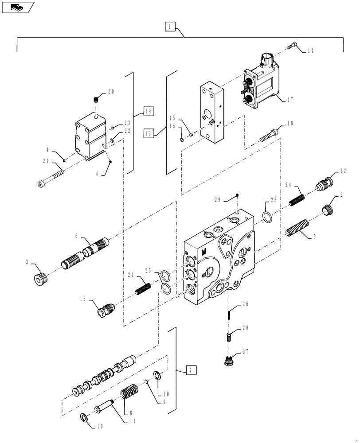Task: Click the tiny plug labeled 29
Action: [238, 197]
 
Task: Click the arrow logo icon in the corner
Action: [17, 7]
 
